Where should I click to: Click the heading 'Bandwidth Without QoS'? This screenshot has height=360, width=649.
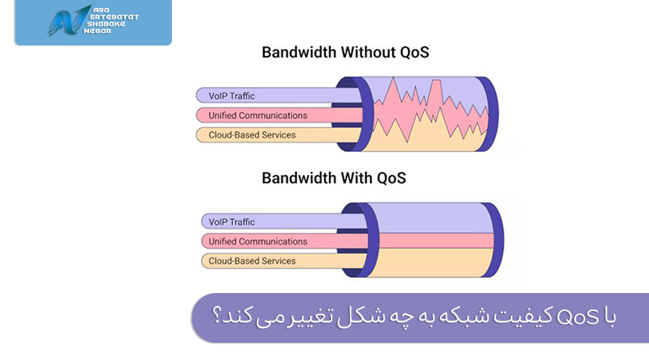click(345, 53)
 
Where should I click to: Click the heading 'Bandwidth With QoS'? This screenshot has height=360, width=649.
click(334, 178)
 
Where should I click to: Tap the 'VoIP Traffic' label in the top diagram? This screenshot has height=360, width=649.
click(232, 96)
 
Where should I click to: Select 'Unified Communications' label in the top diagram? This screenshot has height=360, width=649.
click(258, 115)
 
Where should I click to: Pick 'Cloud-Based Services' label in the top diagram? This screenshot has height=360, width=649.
click(252, 135)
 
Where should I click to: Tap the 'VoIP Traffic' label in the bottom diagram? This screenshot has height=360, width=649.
click(232, 222)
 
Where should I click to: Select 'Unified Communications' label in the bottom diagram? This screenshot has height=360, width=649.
click(258, 241)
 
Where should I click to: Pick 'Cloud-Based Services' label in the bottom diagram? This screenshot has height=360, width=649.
click(252, 261)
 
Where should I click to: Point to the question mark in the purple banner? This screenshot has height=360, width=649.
click(216, 315)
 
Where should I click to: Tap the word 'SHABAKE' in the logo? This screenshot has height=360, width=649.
click(106, 24)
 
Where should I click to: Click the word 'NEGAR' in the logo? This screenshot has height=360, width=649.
click(97, 31)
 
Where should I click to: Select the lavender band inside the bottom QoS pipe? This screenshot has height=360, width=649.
click(435, 218)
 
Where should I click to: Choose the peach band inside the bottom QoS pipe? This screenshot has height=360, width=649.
click(435, 263)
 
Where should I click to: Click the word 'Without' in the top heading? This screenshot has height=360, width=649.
click(368, 53)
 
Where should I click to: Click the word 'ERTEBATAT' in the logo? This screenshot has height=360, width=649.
click(114, 17)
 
